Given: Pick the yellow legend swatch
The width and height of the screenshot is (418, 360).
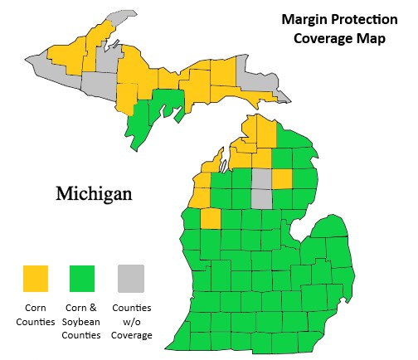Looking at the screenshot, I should click(x=35, y=279).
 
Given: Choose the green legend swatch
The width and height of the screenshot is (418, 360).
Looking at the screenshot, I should click(x=82, y=279).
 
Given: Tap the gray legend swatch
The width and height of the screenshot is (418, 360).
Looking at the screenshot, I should click(x=129, y=279).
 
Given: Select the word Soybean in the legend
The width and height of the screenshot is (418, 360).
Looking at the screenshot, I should click(x=82, y=322).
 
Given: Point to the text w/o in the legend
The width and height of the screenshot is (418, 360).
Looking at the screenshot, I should click(x=130, y=322).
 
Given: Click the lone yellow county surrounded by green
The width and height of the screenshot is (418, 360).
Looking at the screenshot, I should click(x=211, y=219).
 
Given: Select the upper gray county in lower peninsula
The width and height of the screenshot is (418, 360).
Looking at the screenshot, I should click(x=261, y=179).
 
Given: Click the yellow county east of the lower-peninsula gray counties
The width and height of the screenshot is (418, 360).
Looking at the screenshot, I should click(x=282, y=179).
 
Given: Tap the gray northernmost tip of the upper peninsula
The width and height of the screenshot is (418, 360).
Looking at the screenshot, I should click(x=123, y=16).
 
